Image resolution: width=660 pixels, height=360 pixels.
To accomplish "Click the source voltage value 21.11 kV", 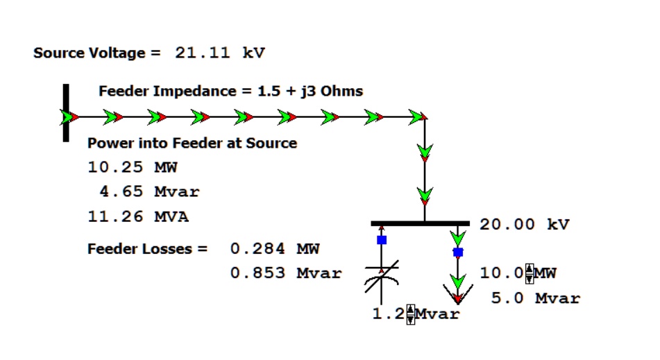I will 219,53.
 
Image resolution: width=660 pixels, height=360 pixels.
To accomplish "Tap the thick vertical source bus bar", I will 66,113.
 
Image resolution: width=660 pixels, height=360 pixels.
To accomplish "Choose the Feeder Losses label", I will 147,248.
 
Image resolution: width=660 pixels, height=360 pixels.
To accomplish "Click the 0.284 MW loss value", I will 275,248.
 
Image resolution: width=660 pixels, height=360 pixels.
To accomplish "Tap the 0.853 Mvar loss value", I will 286,273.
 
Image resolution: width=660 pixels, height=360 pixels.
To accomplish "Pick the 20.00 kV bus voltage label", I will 524,225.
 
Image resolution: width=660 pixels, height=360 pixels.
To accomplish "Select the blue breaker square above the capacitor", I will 381,240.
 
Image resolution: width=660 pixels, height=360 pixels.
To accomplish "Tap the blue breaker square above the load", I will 457,252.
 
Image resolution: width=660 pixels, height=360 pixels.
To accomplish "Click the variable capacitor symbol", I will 381,278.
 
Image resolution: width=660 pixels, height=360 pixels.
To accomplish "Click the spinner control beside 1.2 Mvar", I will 410,314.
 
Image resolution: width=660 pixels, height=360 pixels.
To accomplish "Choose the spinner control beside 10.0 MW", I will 530,273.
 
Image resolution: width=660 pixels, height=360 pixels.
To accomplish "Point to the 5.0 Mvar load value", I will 535,298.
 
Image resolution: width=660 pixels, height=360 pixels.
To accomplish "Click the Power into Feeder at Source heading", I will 192,143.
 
